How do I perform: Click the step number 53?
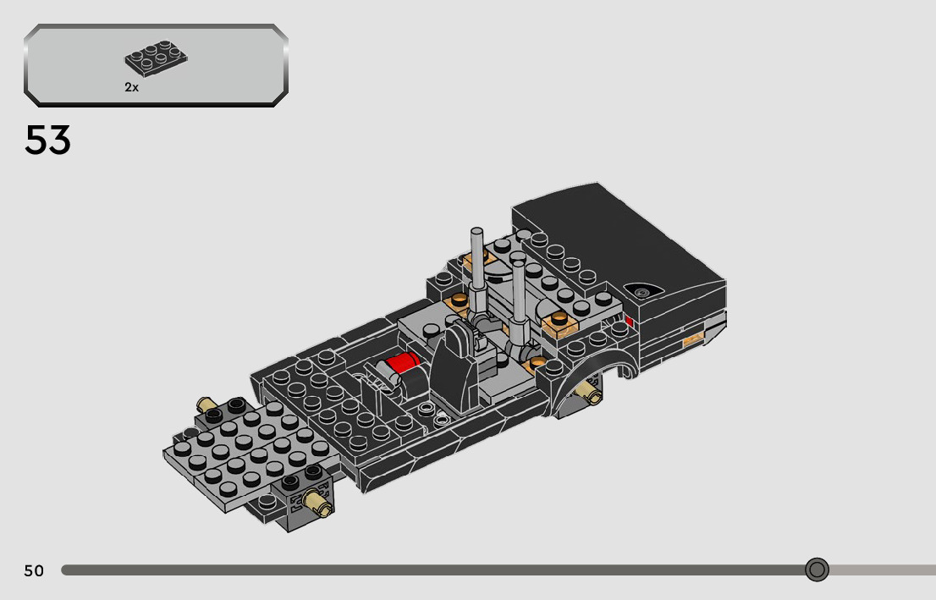(x=47, y=140)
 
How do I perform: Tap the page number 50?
(x=34, y=571)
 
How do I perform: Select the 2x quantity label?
(x=131, y=87)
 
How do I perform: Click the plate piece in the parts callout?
(x=156, y=58)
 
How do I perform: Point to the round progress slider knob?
(x=817, y=570)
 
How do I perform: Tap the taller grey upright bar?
(x=477, y=268)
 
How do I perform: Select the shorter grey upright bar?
(x=518, y=299)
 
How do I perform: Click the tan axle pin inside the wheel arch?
(x=588, y=390)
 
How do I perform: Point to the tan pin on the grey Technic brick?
(x=317, y=502)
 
